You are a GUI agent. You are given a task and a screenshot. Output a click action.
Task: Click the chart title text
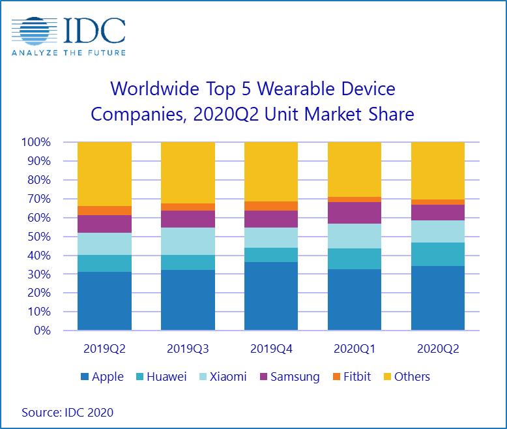pos(253,101)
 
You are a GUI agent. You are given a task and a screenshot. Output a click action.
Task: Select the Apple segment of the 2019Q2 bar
pos(104,301)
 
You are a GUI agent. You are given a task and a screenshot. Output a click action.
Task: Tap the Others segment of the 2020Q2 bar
pos(437,170)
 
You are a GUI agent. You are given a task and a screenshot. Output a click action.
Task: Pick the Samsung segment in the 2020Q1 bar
pos(354,213)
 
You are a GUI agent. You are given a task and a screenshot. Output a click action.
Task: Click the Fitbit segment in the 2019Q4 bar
pos(271,206)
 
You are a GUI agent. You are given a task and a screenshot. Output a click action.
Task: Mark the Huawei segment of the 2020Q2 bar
pos(437,254)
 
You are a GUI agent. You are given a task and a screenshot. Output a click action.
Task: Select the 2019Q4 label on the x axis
pos(271,349)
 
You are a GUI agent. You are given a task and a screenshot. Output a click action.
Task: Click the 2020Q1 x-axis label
pos(354,349)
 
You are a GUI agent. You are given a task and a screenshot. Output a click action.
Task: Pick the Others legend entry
pos(405,376)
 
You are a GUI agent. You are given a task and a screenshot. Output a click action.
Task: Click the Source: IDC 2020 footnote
pos(67,412)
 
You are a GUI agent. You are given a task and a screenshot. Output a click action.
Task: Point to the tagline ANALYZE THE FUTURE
pos(68,52)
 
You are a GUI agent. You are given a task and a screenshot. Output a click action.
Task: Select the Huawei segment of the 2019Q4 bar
pos(271,255)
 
